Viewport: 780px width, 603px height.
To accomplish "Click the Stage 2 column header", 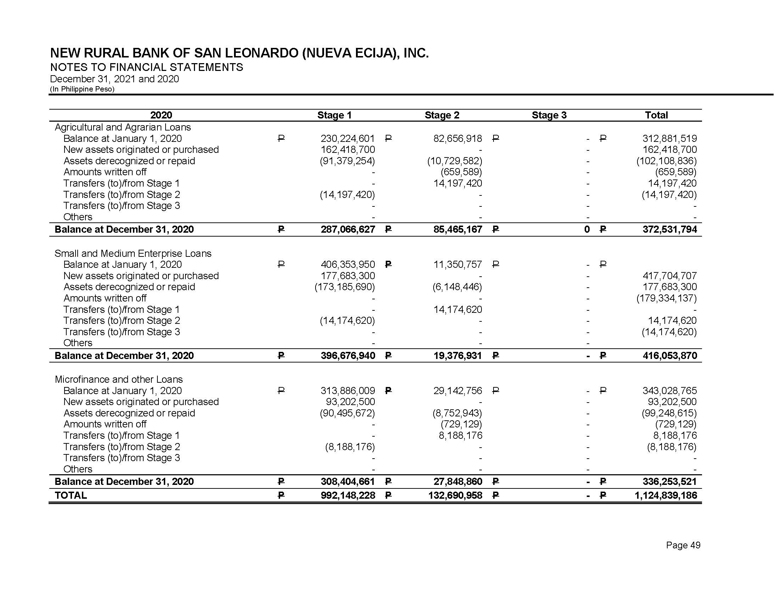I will [442, 115].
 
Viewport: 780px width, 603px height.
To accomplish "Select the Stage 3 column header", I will [549, 115].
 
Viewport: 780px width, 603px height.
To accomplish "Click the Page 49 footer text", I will [683, 545].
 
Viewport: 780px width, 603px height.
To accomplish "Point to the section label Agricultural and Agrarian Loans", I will [123, 127].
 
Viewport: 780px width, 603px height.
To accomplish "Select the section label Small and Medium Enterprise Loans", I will [133, 253].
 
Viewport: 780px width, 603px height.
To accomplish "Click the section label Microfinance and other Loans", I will [118, 379].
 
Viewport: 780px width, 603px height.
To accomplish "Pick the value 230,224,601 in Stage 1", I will [347, 138].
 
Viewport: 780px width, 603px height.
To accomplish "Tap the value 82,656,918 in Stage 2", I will [457, 138].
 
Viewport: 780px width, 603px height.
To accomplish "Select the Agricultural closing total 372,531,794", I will [670, 229].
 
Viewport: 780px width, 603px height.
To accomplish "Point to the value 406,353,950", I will [347, 264].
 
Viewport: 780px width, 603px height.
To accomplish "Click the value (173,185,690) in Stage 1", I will [345, 287].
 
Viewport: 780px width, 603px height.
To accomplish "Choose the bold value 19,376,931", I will [457, 355].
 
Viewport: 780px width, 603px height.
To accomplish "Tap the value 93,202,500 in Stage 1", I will [350, 402].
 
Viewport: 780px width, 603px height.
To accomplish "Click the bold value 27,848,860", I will [457, 482].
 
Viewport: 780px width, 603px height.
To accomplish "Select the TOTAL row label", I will [71, 495].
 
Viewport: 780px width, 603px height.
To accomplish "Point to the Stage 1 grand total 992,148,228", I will [347, 495].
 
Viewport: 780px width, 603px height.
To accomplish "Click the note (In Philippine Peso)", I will [82, 89].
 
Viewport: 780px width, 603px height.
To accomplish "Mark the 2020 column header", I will [161, 115].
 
